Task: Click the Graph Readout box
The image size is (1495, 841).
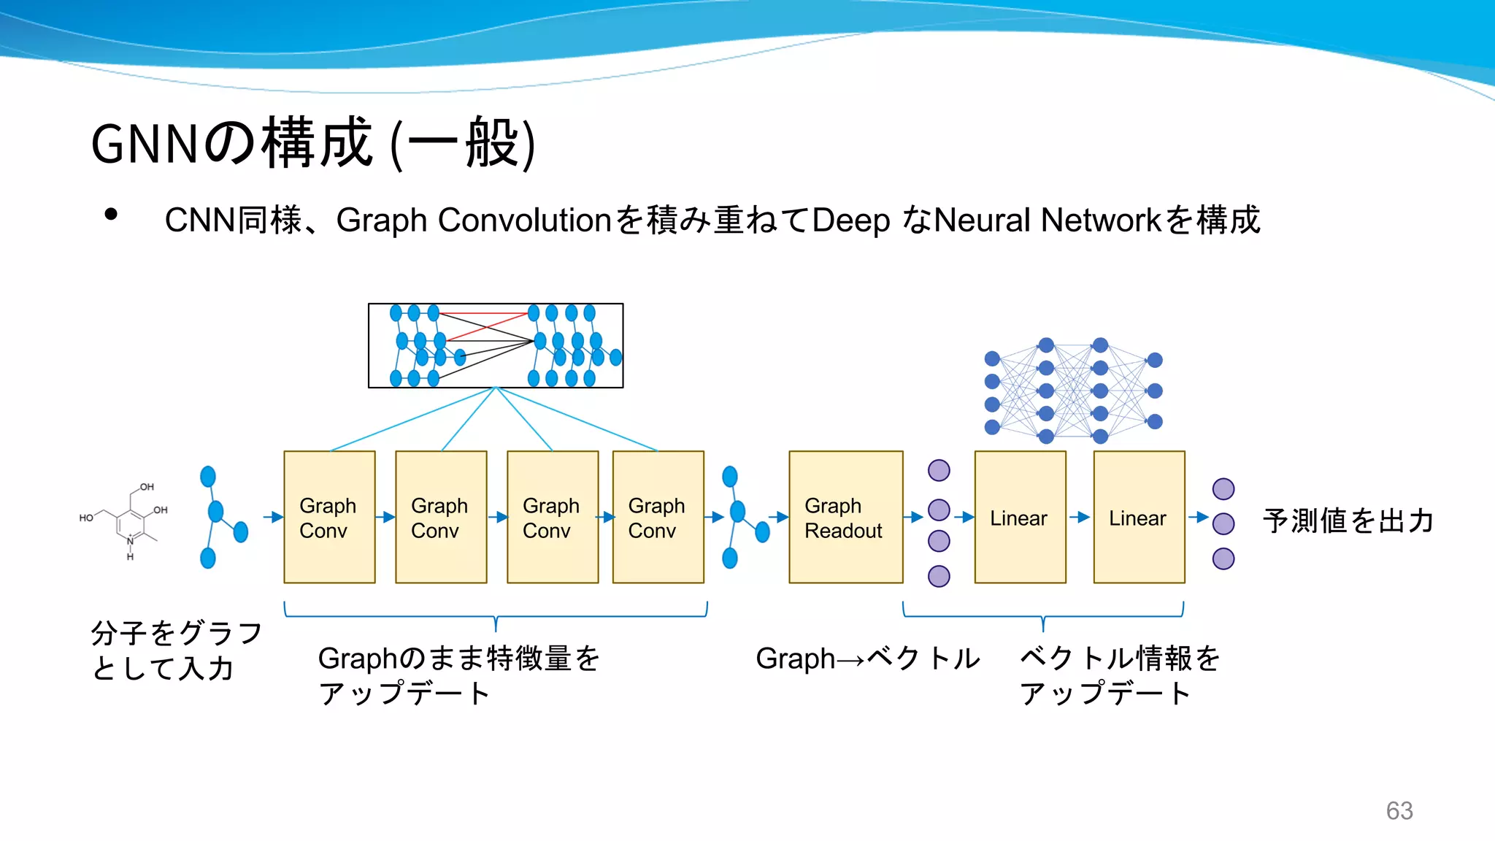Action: [x=845, y=517]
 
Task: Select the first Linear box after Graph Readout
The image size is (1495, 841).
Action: [x=1020, y=517]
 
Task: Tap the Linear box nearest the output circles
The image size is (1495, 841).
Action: [x=1139, y=517]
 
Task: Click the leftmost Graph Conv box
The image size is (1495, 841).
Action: [x=329, y=517]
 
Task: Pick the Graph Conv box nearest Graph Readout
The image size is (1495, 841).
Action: [x=658, y=517]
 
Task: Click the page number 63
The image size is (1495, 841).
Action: [x=1399, y=810]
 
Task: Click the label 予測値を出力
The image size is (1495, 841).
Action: [x=1348, y=521]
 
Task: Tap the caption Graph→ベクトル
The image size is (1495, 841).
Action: [x=867, y=658]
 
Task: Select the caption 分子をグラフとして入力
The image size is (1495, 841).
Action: [x=175, y=650]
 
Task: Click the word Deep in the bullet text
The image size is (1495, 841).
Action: [x=850, y=220]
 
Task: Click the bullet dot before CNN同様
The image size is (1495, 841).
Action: [x=111, y=215]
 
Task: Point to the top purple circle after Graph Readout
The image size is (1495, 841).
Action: [x=939, y=470]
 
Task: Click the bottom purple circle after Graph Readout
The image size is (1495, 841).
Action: [x=939, y=576]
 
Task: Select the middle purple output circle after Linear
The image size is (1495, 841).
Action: [x=1223, y=523]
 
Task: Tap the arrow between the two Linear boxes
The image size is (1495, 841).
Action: [x=1080, y=517]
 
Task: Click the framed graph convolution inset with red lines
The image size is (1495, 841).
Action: [x=496, y=345]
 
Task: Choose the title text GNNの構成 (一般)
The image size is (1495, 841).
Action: [x=313, y=143]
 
